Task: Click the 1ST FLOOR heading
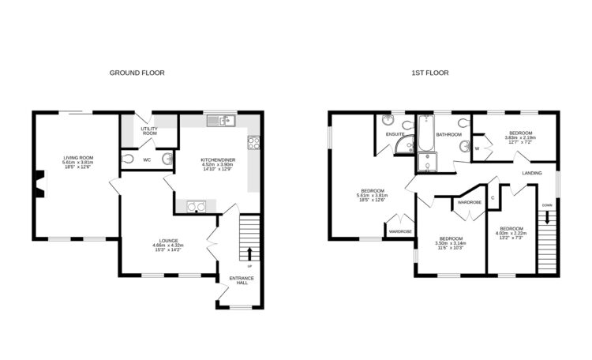[430, 73]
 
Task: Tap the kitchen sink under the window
[220, 121]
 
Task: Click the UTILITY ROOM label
[150, 131]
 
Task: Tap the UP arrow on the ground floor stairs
[250, 253]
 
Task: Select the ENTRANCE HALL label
[238, 279]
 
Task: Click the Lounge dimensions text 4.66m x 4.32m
[167, 246]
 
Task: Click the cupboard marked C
[493, 197]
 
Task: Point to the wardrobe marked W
[478, 147]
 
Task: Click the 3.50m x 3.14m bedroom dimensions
[451, 244]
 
